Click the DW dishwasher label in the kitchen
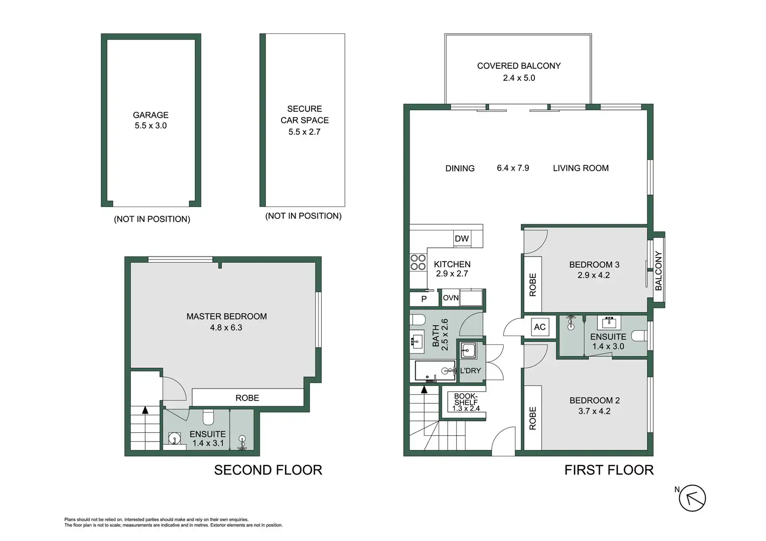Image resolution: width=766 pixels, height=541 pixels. (x=461, y=239)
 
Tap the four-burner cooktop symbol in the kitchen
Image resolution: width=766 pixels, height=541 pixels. (x=418, y=262)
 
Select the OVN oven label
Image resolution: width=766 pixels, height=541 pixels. (x=450, y=298)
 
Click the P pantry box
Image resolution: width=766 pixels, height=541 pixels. (x=424, y=299)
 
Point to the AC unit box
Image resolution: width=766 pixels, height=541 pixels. (x=540, y=327)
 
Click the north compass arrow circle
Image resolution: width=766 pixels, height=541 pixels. (x=692, y=498)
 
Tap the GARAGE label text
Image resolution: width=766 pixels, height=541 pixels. (x=150, y=115)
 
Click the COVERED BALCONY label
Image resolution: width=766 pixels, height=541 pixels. (x=519, y=66)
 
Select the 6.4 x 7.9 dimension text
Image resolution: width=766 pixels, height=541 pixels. (x=513, y=168)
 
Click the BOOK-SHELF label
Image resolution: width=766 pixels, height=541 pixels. (x=466, y=399)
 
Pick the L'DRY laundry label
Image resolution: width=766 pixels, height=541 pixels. (x=470, y=370)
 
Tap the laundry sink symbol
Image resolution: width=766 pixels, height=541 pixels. (x=468, y=350)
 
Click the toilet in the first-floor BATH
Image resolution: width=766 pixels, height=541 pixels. (x=417, y=320)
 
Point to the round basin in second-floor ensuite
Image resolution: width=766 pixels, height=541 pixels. (x=175, y=438)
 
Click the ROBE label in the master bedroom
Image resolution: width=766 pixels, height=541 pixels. (x=247, y=398)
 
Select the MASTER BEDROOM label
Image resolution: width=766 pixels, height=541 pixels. (x=226, y=316)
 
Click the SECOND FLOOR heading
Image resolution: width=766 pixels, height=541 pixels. (x=268, y=470)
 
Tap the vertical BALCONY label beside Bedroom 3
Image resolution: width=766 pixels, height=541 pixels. (x=658, y=270)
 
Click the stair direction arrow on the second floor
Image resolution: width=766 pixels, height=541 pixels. (x=145, y=410)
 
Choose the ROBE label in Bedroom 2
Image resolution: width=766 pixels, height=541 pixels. (x=532, y=418)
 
